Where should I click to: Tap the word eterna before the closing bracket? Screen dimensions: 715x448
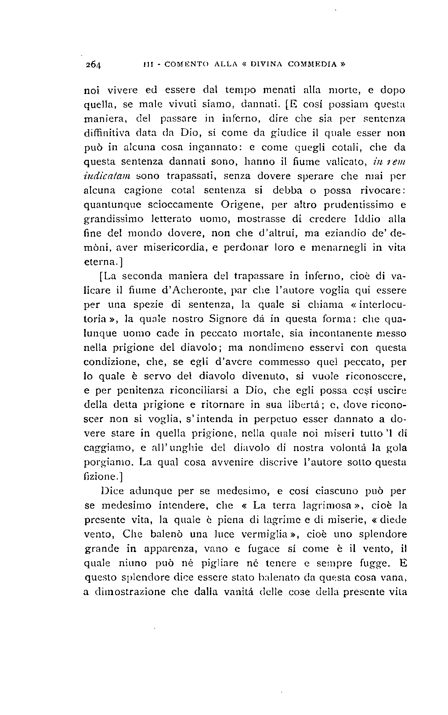100,262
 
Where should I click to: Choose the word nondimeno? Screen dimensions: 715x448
263,347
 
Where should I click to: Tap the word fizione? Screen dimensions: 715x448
100,476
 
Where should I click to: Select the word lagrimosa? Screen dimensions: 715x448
333,505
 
